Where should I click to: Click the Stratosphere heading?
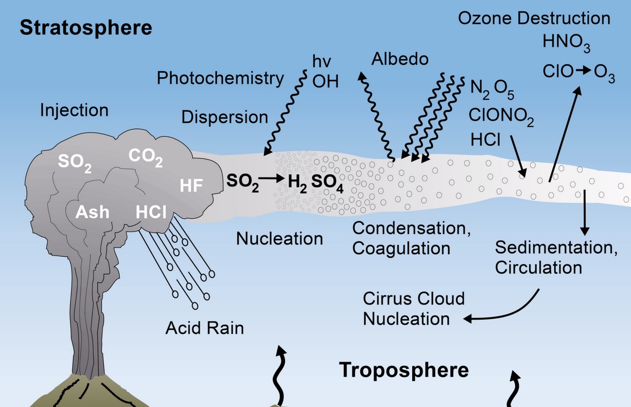click(86, 28)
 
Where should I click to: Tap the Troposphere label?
click(404, 370)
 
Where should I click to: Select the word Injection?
click(75, 110)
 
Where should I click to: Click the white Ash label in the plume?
click(93, 211)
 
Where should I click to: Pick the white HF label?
click(191, 186)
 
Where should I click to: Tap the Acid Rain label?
click(204, 328)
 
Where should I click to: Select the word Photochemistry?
click(220, 78)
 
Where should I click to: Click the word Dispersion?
click(224, 117)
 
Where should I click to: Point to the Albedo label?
click(400, 59)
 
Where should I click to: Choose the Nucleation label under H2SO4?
click(279, 238)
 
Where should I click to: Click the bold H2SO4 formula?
click(315, 183)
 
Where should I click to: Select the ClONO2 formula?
click(501, 116)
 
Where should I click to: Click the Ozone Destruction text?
click(534, 19)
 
